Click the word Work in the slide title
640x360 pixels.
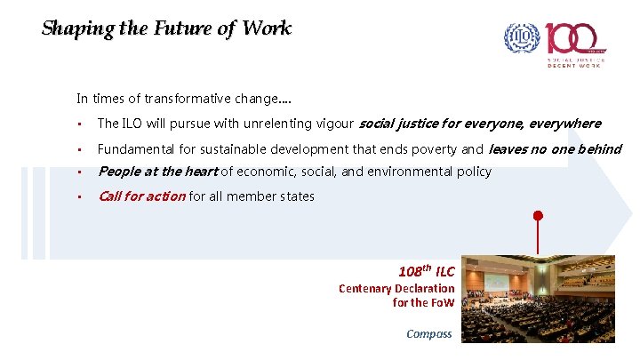pyautogui.click(x=269, y=28)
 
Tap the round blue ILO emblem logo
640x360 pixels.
pyautogui.click(x=522, y=38)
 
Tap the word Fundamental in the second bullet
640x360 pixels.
pyautogui.click(x=134, y=148)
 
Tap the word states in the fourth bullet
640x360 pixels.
pyautogui.click(x=296, y=196)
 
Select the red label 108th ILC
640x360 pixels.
pyautogui.click(x=426, y=271)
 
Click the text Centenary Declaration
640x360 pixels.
pyautogui.click(x=396, y=289)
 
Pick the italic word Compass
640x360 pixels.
pyautogui.click(x=429, y=334)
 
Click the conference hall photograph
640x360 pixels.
pyautogui.click(x=537, y=299)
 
